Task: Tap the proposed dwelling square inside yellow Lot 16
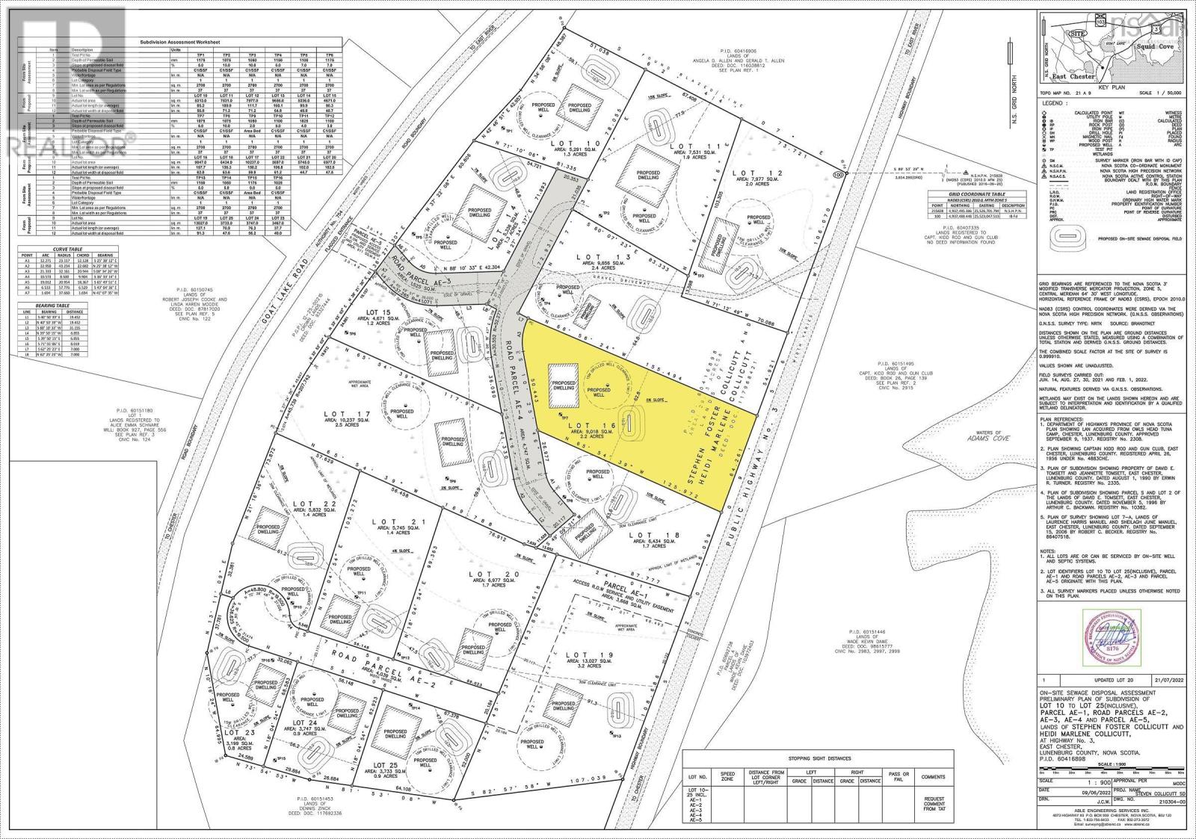tap(564, 386)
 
